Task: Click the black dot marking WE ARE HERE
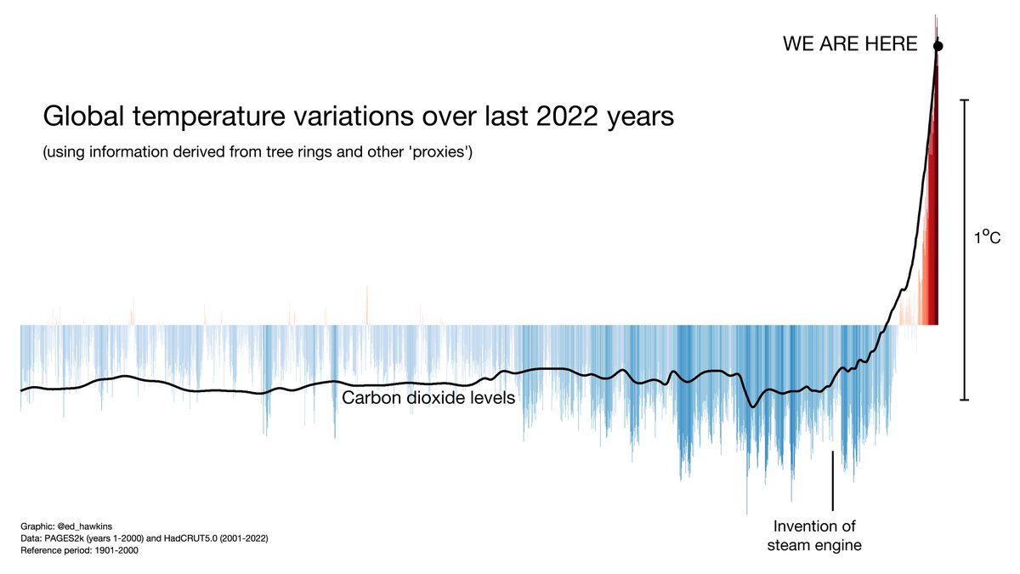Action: pyautogui.click(x=938, y=46)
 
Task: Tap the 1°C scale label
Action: pyautogui.click(x=987, y=241)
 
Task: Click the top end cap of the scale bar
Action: pyautogui.click(x=964, y=100)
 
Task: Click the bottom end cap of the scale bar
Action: pyautogui.click(x=964, y=399)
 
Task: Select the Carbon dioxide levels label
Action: pyautogui.click(x=428, y=398)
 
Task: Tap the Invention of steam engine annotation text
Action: pyautogui.click(x=814, y=536)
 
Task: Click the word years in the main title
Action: pyautogui.click(x=636, y=117)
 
